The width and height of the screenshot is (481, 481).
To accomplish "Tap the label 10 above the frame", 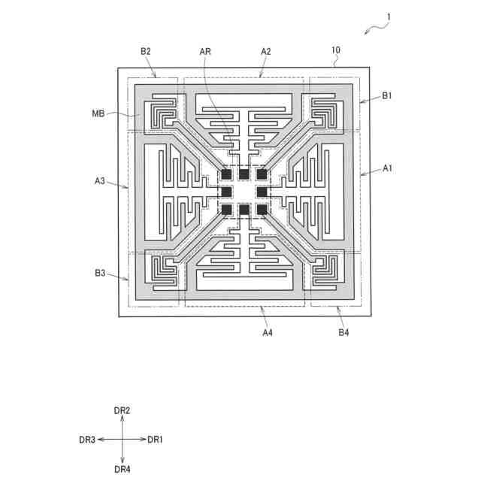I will [x=336, y=51].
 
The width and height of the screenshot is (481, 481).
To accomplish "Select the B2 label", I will [x=146, y=51].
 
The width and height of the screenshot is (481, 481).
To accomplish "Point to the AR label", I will [x=206, y=51].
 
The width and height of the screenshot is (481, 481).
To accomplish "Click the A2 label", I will [x=265, y=51].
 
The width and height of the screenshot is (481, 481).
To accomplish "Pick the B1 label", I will [x=387, y=95].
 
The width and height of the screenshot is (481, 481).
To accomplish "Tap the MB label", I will [x=98, y=113].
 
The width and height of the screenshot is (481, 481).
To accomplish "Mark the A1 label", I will [x=388, y=168].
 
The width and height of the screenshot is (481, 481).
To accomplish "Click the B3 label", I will [x=100, y=273].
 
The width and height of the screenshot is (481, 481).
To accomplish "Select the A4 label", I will [x=267, y=332].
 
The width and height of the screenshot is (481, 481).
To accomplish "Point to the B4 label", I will [x=343, y=332].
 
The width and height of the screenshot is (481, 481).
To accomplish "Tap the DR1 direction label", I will [x=155, y=440].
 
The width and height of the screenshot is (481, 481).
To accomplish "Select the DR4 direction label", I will [x=123, y=470].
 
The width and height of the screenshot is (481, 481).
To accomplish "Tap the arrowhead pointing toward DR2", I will [x=123, y=419].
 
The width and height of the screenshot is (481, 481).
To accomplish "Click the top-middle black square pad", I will [x=244, y=174].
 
